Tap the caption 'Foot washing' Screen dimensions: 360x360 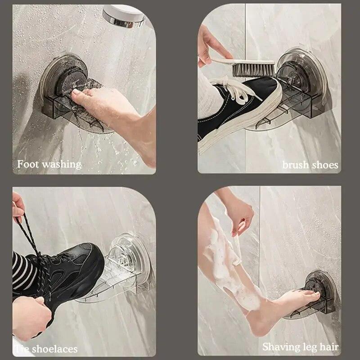pos(49,164)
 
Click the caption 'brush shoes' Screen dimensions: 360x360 pos(310,165)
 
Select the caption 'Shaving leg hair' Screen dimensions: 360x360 pos(300,347)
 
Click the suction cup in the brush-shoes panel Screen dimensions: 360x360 pos(295,72)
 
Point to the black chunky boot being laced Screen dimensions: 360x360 pos(67,270)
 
